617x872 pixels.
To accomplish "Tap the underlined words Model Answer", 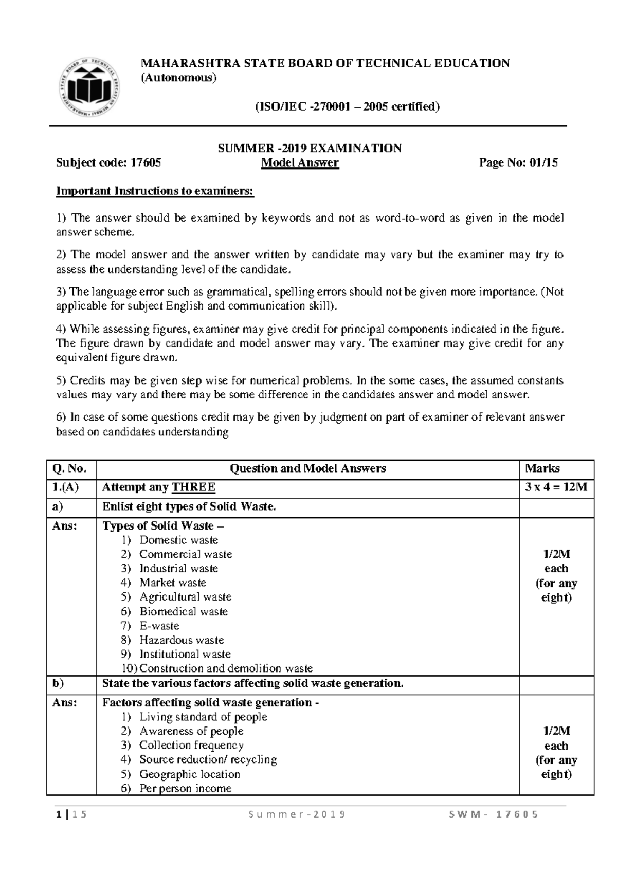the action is tap(300, 163).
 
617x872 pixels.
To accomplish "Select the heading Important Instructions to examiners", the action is tap(155, 191).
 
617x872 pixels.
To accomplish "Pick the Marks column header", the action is tap(542, 468).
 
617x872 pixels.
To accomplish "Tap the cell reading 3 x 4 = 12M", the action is tap(556, 487).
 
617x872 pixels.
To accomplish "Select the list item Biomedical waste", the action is tap(184, 612).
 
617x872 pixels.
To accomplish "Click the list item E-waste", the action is tap(159, 626).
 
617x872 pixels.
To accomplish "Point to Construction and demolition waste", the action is tap(226, 668).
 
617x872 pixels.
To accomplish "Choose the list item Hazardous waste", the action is tap(182, 640).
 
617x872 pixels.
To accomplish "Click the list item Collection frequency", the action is tap(191, 745).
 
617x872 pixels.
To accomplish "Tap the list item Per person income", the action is tap(185, 788).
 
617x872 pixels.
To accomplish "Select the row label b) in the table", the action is tap(58, 683).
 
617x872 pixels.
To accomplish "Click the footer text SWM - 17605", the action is tap(493, 814).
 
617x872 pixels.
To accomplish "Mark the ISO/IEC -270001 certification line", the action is tap(348, 107).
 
